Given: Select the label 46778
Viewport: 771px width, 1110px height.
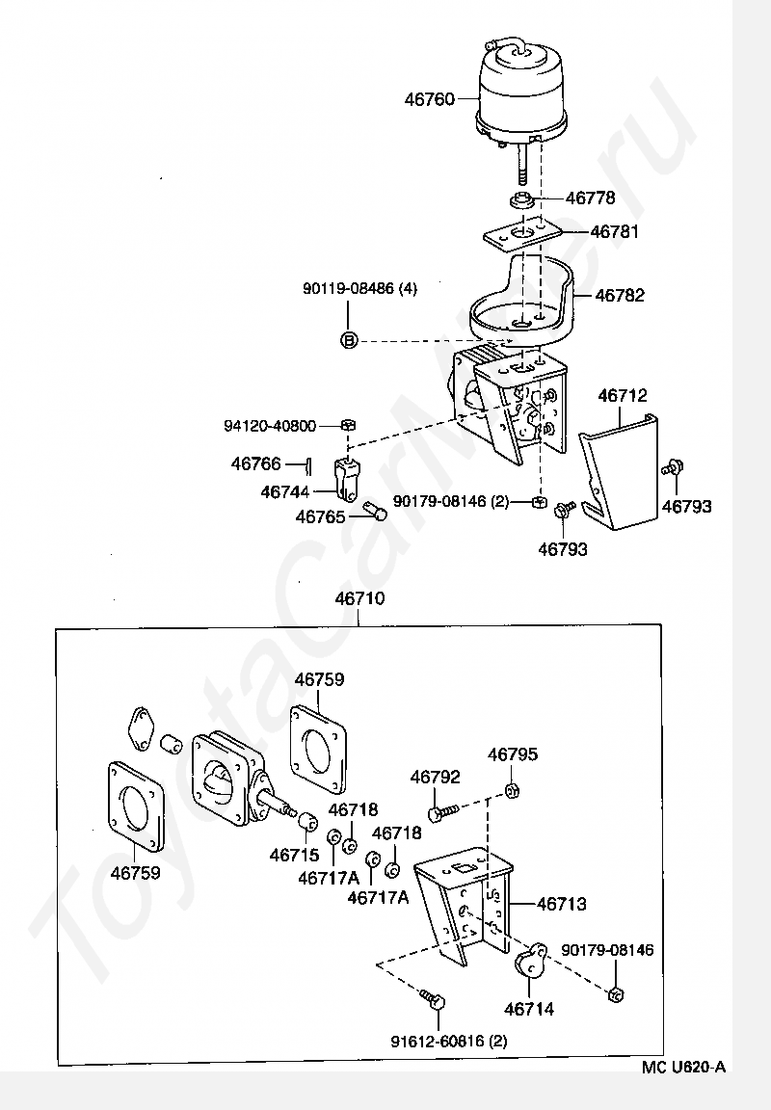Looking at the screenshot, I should [x=590, y=198].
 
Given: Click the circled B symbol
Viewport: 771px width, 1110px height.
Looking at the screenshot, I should [x=349, y=339].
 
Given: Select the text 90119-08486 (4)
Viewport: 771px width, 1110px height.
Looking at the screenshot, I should [x=359, y=288].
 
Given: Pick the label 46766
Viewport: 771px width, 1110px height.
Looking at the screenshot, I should [x=256, y=463].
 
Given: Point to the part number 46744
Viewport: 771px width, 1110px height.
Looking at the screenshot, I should [x=285, y=492].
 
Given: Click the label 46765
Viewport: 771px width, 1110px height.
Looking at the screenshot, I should [x=321, y=517].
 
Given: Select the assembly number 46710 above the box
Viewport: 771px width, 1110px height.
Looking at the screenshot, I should [x=359, y=598].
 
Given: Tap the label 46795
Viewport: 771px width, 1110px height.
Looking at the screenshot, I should [x=513, y=754].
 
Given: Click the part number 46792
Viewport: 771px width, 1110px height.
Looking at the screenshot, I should [x=436, y=778].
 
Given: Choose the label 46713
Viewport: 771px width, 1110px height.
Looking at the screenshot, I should [x=561, y=905].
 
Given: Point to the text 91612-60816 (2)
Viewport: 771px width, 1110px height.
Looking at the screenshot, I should [x=449, y=1041].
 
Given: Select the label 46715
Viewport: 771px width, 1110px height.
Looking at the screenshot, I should [x=294, y=854].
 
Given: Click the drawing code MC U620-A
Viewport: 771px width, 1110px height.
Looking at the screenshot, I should [x=684, y=1067].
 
